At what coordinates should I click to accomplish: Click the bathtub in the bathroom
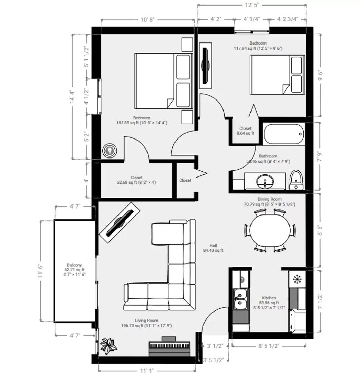tap(284, 134)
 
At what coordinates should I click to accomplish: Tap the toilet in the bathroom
tap(296, 180)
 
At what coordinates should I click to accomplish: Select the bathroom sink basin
tap(265, 181)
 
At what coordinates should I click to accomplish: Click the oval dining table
tap(270, 230)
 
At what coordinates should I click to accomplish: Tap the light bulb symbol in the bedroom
tap(110, 151)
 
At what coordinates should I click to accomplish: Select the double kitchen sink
tap(240, 299)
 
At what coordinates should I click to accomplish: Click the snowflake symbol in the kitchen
tap(297, 279)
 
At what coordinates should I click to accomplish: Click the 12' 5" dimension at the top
tap(252, 5)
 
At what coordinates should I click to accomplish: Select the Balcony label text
tap(74, 265)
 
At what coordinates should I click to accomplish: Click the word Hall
tap(213, 246)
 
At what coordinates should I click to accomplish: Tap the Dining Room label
tap(269, 199)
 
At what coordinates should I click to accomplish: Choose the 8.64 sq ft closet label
tap(245, 133)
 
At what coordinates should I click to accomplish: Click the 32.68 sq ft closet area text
tap(136, 182)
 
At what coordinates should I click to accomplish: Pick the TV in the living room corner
tap(120, 222)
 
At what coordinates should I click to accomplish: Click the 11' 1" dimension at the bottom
tap(147, 370)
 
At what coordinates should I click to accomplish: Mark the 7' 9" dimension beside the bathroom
tap(320, 157)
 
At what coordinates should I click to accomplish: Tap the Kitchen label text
tap(269, 298)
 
